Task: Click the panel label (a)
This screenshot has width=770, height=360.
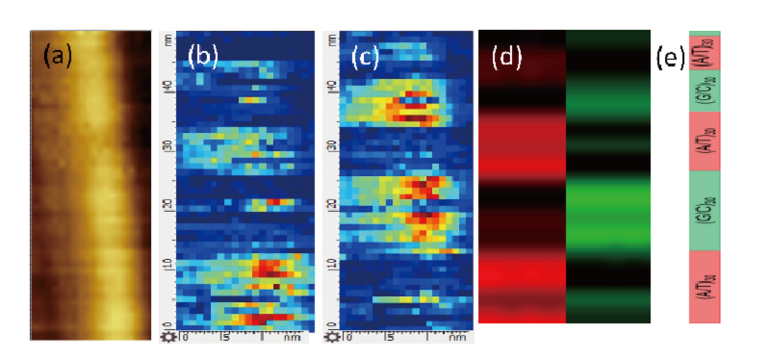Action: [x=57, y=57]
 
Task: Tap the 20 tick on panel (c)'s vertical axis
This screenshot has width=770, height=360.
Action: [x=332, y=205]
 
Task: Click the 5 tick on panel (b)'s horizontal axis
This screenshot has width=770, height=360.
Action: [x=224, y=336]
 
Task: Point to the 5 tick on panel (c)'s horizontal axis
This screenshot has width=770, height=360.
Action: [x=388, y=336]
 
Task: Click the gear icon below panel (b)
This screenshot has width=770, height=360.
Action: [x=166, y=336]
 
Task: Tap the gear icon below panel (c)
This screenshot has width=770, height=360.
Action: [x=330, y=336]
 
